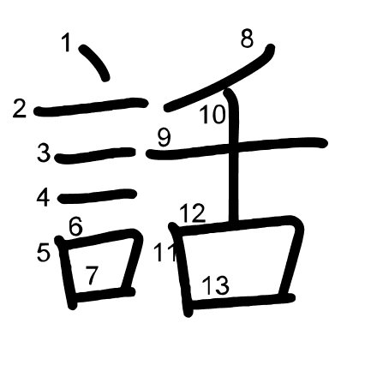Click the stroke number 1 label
[67, 42]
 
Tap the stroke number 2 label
[20, 108]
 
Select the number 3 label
[44, 153]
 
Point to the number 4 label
[44, 197]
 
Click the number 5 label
[44, 253]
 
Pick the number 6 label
[75, 226]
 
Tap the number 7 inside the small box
[93, 275]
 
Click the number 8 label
[247, 39]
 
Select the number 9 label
[165, 137]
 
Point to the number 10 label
[212, 114]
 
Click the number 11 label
[165, 253]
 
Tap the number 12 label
[193, 213]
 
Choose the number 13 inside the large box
[216, 285]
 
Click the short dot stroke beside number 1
[94, 62]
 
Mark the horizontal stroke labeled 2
[91, 107]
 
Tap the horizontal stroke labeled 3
[95, 155]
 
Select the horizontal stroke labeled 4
[97, 196]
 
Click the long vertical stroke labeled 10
[234, 156]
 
